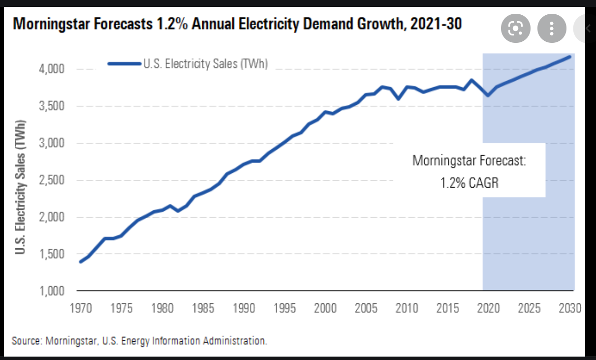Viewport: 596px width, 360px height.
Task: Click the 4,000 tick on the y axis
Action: click(x=51, y=69)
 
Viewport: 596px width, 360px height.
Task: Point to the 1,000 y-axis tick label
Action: click(x=51, y=291)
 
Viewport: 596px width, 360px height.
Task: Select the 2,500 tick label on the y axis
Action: click(x=51, y=180)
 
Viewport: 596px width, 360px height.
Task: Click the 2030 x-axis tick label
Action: click(x=570, y=309)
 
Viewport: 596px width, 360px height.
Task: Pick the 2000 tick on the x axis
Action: click(x=325, y=309)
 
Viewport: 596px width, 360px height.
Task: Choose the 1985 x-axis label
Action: click(x=202, y=309)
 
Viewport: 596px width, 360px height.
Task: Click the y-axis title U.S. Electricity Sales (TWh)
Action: click(x=20, y=188)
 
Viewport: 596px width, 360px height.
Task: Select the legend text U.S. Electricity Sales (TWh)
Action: click(x=205, y=64)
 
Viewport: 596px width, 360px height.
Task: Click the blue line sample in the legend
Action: click(x=124, y=64)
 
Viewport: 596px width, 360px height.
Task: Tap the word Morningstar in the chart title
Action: click(x=51, y=24)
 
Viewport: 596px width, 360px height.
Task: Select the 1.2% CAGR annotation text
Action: click(x=469, y=184)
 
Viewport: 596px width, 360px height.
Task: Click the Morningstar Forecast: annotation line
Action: click(x=469, y=161)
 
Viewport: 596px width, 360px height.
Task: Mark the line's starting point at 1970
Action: click(x=80, y=262)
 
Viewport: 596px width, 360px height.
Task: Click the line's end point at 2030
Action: click(x=570, y=57)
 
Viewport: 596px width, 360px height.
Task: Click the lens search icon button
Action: click(x=515, y=29)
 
